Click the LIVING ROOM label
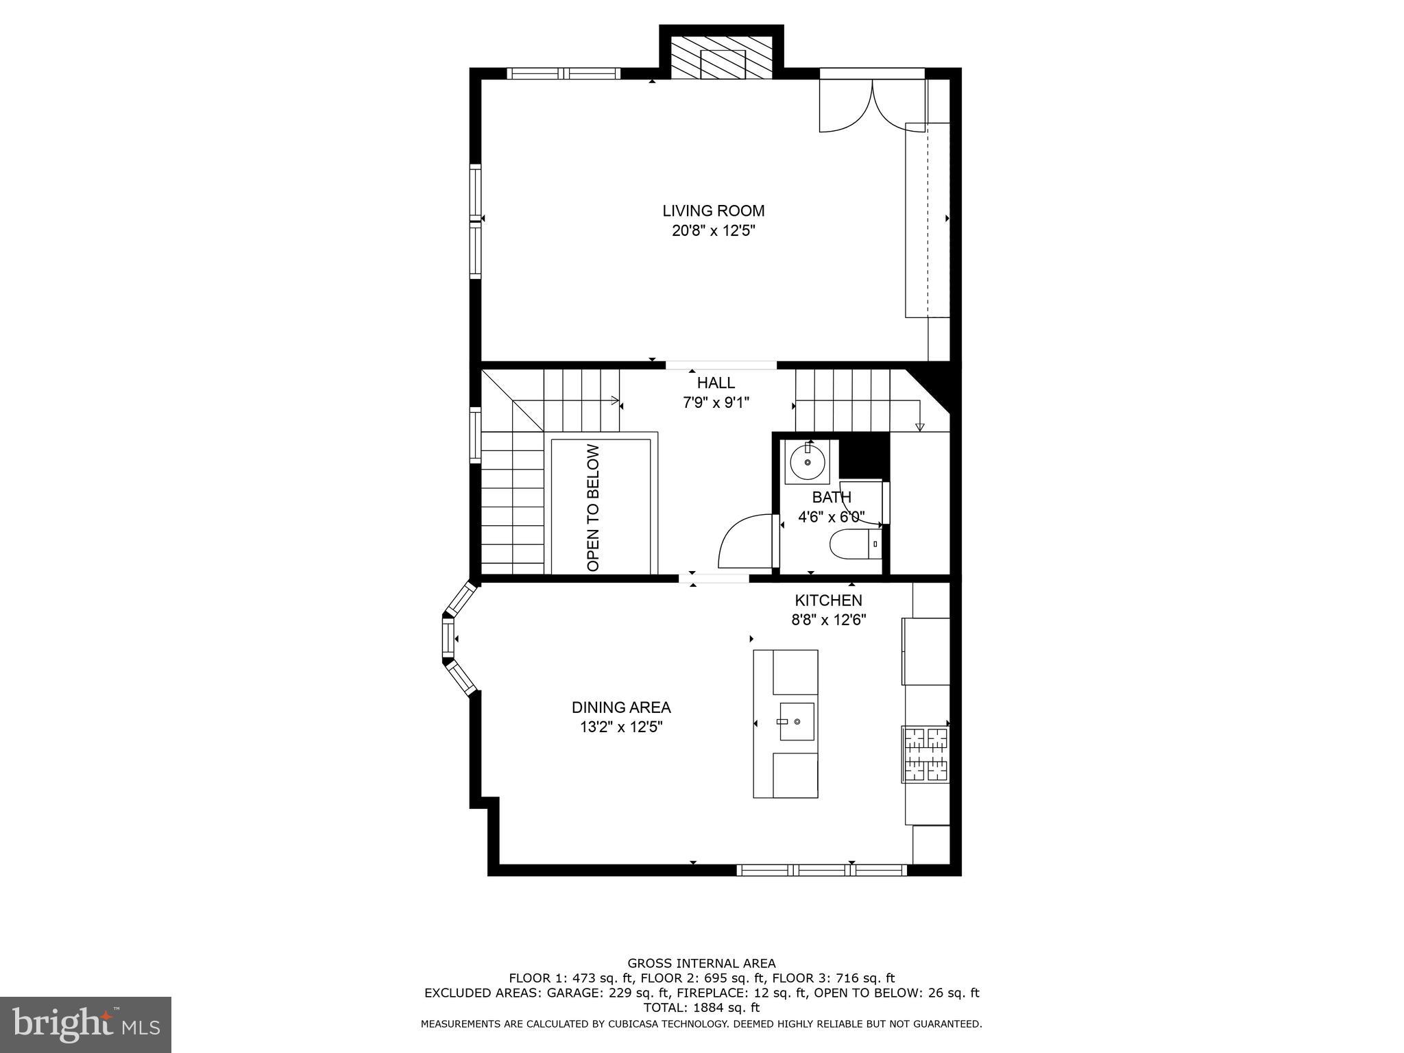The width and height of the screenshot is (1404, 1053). tap(713, 211)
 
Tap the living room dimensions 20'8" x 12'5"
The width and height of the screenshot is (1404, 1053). tap(713, 231)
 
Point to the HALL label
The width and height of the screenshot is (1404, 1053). tap(716, 383)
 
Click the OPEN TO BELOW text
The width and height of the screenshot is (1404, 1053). tap(594, 507)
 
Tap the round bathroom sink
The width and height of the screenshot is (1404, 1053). tap(808, 462)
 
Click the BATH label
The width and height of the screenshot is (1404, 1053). tap(832, 497)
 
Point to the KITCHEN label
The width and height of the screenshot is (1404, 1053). tap(828, 601)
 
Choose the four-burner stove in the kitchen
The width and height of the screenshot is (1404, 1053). tap(926, 755)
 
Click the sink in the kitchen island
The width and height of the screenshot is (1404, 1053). tap(797, 722)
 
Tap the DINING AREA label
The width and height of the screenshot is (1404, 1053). tap(621, 707)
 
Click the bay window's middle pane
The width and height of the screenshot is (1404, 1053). tap(448, 639)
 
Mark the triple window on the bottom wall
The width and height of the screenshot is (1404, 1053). tap(821, 870)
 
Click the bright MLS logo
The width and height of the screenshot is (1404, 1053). tap(86, 1024)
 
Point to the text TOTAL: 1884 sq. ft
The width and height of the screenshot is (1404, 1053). tap(701, 1008)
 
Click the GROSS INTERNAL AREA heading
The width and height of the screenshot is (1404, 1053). tap(701, 963)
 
